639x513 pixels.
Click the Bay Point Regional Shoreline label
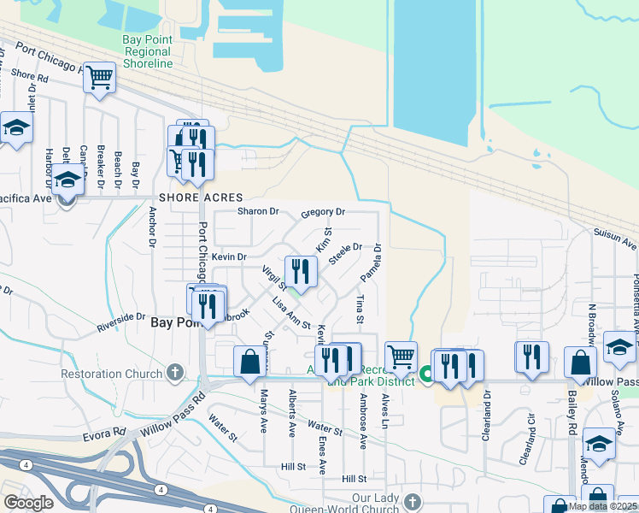tap(147, 51)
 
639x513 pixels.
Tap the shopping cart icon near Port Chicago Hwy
tap(100, 79)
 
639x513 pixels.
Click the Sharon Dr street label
tap(258, 211)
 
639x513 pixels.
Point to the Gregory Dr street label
tap(322, 212)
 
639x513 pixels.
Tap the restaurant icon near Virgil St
tap(301, 271)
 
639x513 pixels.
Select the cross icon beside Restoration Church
tap(174, 373)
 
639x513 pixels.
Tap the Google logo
tap(28, 503)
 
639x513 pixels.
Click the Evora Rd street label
tap(106, 433)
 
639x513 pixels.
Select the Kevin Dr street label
tap(229, 256)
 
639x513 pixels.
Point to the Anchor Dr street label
tap(152, 227)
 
